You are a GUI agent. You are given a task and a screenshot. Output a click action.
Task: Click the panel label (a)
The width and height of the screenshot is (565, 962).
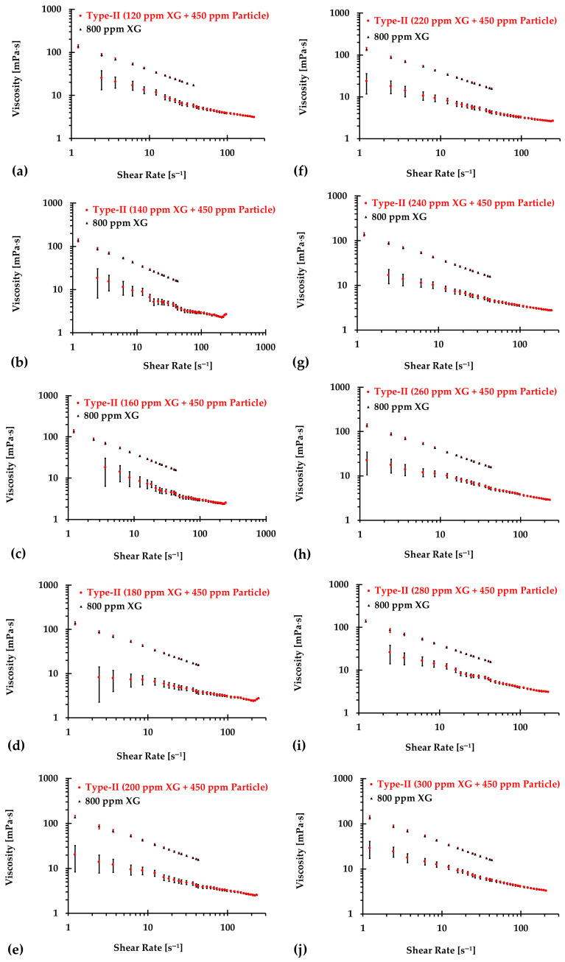click(x=20, y=171)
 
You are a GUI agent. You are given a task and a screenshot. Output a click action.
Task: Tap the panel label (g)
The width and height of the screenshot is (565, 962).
click(x=301, y=363)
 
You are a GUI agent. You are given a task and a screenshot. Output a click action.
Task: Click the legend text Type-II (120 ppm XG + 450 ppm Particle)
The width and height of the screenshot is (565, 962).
click(x=178, y=15)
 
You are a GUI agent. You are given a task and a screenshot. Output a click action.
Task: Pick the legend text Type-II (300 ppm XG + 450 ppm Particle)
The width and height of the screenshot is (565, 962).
click(x=469, y=784)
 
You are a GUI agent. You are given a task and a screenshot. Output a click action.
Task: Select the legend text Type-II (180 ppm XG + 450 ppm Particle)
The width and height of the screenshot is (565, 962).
click(x=178, y=593)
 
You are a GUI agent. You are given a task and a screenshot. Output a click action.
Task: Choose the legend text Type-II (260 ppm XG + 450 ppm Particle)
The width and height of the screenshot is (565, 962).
click(x=466, y=392)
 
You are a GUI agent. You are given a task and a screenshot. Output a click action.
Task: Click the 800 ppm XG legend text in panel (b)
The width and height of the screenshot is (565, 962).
click(x=120, y=223)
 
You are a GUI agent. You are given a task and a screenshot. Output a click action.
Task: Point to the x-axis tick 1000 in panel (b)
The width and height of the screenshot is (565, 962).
click(x=265, y=347)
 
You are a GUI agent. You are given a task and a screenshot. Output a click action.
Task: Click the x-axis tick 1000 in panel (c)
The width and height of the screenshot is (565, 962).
click(x=266, y=534)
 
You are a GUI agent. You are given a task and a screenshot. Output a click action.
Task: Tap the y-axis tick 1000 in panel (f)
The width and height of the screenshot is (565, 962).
click(x=340, y=13)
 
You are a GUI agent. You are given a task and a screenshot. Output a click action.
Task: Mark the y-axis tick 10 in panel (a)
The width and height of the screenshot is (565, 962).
click(x=57, y=95)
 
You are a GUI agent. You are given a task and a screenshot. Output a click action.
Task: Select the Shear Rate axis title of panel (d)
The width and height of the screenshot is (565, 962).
click(x=151, y=755)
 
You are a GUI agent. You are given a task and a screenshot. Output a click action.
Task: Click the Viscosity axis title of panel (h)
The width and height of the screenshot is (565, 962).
click(x=300, y=464)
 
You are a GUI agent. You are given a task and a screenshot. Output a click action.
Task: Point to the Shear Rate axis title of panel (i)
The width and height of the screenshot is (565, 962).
click(x=440, y=747)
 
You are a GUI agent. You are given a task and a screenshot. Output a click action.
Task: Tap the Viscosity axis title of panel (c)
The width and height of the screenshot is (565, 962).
click(x=10, y=464)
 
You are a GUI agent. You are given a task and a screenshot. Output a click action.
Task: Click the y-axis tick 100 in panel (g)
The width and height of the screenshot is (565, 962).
click(x=340, y=241)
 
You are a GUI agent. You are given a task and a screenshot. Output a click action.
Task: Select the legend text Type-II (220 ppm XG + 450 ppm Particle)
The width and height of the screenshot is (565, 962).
click(x=466, y=21)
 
